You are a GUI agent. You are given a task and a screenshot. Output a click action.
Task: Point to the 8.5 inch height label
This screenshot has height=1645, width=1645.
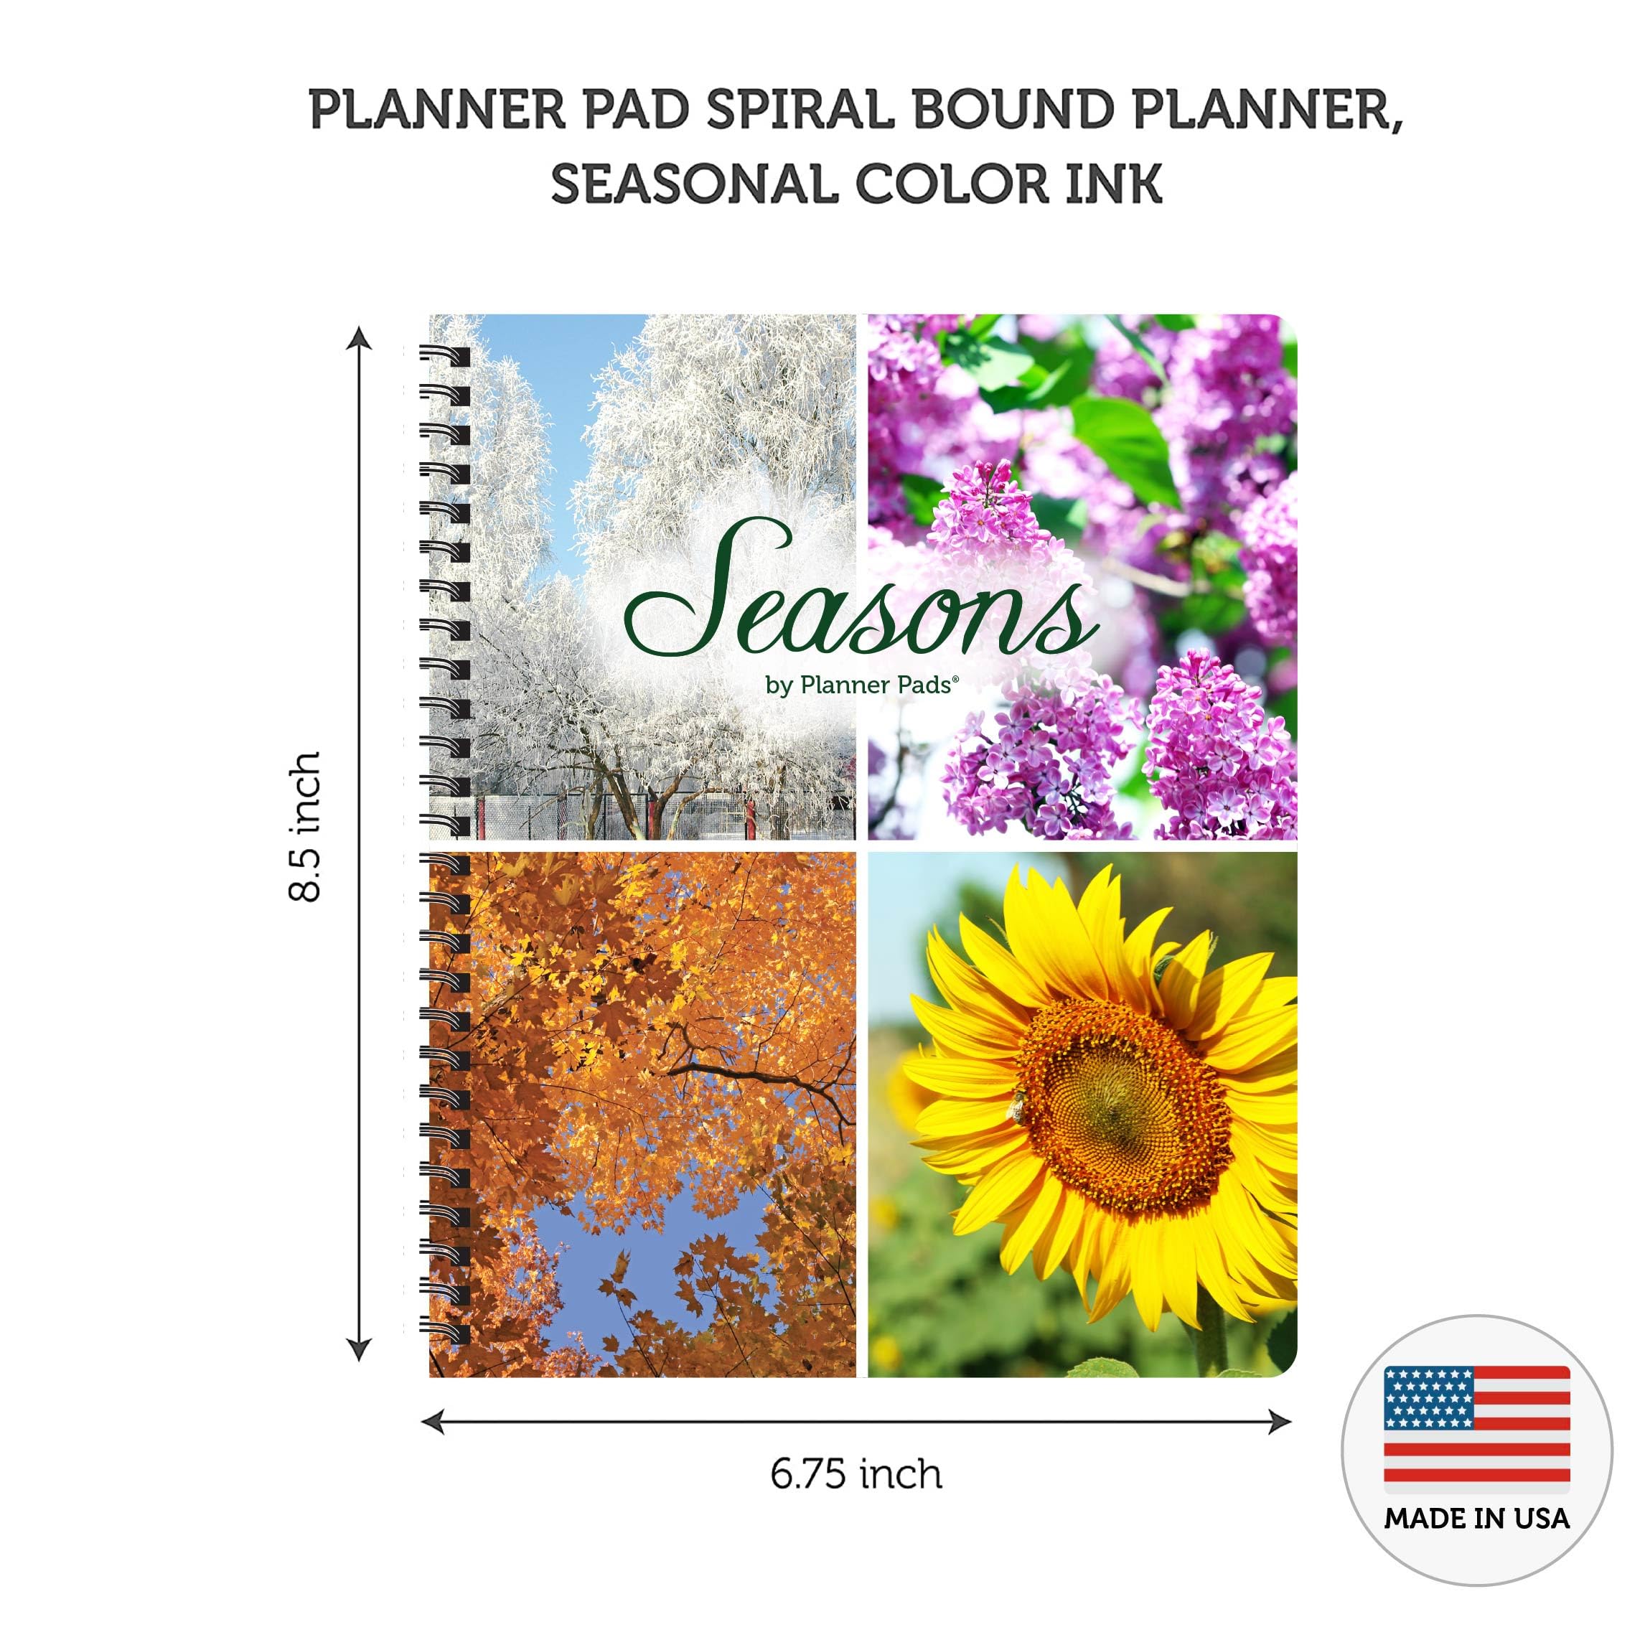tap(305, 826)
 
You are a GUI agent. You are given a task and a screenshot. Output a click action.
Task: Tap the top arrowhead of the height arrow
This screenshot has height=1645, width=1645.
tap(360, 338)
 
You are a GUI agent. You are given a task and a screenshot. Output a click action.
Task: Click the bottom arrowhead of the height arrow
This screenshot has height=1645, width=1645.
tap(360, 1349)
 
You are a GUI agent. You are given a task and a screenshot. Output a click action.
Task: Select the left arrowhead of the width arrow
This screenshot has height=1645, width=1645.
tap(433, 1421)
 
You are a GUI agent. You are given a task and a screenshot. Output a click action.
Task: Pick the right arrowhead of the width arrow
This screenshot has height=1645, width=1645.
tap(1280, 1421)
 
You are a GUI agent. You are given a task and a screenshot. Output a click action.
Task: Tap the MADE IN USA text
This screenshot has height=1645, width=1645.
tap(1476, 1518)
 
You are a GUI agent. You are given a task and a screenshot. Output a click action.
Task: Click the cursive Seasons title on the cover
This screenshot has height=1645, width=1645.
tap(860, 596)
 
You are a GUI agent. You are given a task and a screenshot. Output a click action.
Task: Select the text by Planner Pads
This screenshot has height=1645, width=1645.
tap(862, 685)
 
